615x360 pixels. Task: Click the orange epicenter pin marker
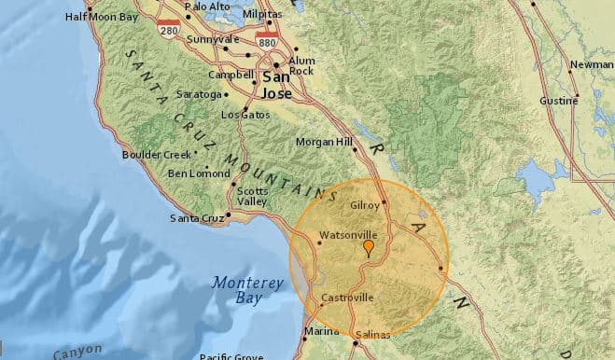[x=369, y=247]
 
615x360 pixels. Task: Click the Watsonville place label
[x=346, y=235]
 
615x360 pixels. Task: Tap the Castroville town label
[x=346, y=298]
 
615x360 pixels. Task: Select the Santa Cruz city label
[x=197, y=218]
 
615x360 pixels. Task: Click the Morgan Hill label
[x=324, y=142]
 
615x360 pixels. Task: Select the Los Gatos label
[x=243, y=116]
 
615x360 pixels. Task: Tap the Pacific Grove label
[x=230, y=354]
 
